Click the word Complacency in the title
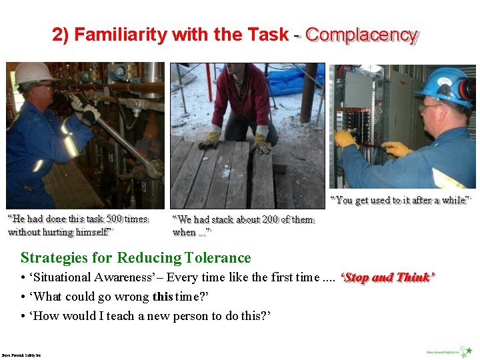point(361,35)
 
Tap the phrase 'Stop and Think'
point(387,278)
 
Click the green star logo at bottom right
point(469,349)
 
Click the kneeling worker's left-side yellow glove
point(212,137)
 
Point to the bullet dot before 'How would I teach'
point(23,316)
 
